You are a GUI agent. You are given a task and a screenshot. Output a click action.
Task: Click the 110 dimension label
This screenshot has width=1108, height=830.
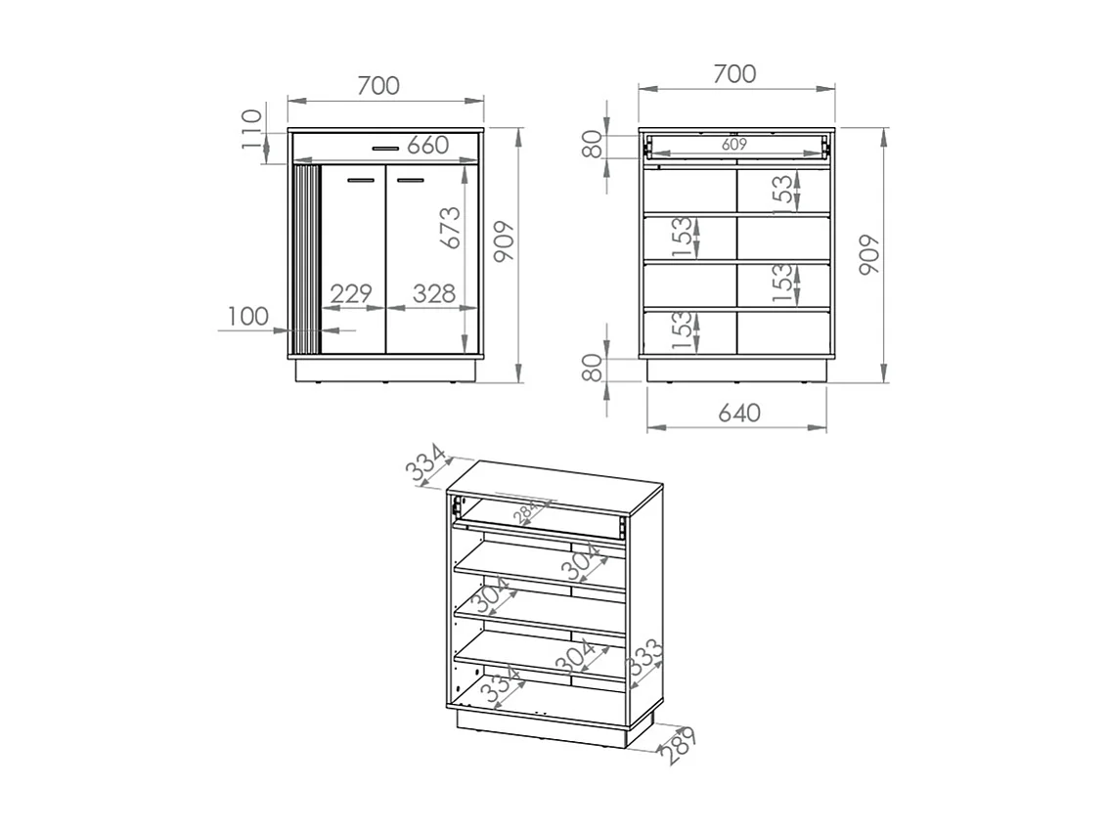252,127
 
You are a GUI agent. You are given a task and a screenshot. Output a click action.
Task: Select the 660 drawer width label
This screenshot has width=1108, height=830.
428,146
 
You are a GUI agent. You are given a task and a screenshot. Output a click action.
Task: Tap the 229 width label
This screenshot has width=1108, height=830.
351,293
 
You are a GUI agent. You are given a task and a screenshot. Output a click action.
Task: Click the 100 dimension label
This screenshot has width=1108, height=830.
248,316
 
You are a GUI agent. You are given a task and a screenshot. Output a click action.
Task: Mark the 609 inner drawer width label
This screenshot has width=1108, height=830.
734,144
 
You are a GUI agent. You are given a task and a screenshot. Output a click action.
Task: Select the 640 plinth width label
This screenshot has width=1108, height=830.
739,414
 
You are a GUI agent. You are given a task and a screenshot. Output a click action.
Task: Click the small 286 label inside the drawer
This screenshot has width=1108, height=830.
528,511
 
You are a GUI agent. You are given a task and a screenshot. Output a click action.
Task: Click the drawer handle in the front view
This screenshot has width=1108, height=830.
385,149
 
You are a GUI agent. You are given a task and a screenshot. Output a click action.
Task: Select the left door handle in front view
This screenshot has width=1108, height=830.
361,180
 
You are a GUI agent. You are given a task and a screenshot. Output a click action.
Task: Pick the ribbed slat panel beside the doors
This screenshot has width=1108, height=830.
307,259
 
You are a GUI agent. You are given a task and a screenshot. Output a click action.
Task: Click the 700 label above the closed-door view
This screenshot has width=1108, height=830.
377,86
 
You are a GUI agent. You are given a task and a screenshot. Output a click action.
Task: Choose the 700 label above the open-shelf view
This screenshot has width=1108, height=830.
734,73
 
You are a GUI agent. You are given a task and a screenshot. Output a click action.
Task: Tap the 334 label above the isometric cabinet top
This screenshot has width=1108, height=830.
426,464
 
